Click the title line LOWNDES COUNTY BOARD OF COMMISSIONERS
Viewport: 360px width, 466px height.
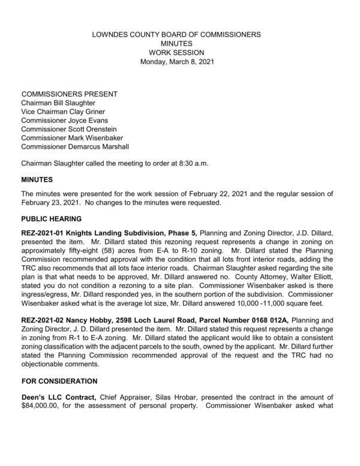[176, 35]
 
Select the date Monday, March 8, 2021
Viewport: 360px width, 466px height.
[176, 61]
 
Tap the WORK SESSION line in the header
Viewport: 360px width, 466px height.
[176, 53]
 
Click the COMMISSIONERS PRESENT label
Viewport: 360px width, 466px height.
[70, 94]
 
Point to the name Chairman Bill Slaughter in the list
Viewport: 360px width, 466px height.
[58, 103]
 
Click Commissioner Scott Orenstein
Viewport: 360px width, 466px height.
[70, 129]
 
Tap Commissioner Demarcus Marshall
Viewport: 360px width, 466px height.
[74, 146]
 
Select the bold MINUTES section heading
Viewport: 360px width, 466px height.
[38, 179]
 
